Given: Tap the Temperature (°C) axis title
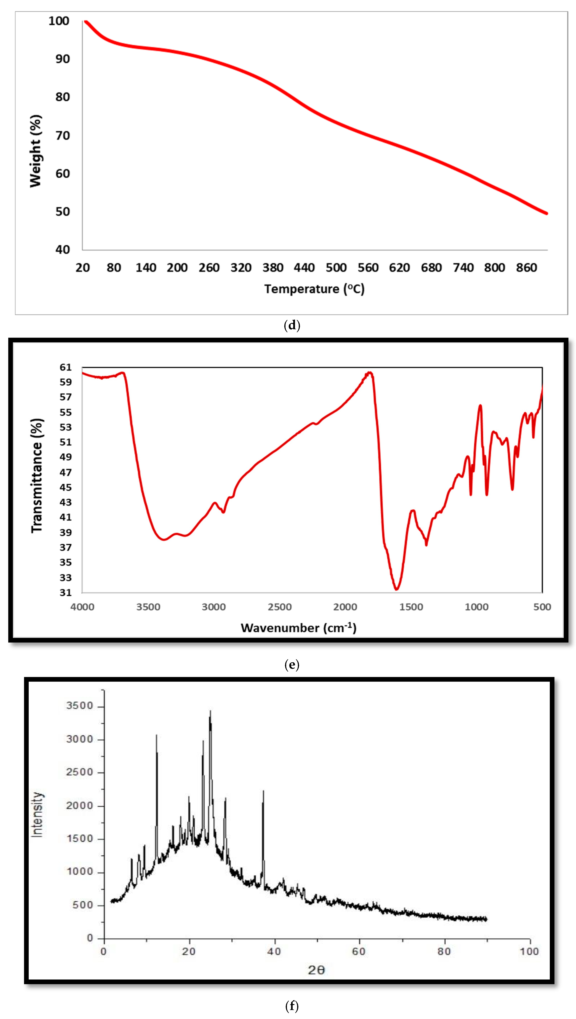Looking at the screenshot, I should tap(314, 289).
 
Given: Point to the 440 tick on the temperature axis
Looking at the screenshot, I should tap(304, 268).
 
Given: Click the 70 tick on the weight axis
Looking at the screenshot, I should tap(62, 136).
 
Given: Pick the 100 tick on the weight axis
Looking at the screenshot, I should tap(59, 21).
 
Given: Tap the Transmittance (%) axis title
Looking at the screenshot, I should tap(37, 476).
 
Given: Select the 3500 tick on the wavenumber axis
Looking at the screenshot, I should tap(148, 607).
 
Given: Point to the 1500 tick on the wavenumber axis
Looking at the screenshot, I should tap(411, 607).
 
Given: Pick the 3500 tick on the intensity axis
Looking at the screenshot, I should tap(79, 706).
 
